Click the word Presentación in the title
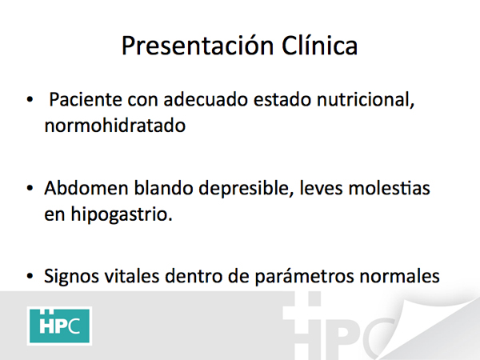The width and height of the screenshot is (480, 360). pyautogui.click(x=198, y=46)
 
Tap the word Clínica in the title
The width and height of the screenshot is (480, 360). pyautogui.click(x=319, y=46)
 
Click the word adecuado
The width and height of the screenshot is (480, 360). pyautogui.click(x=206, y=99)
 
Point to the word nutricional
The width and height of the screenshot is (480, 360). pyautogui.click(x=366, y=100)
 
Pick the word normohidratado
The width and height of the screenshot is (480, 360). pyautogui.click(x=115, y=126)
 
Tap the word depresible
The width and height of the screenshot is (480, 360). pyautogui.click(x=244, y=189)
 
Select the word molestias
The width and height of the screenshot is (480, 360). pyautogui.click(x=389, y=188)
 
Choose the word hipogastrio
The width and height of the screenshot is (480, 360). pyautogui.click(x=122, y=214)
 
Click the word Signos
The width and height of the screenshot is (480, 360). pyautogui.click(x=71, y=277)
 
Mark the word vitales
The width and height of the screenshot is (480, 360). pyautogui.click(x=132, y=276)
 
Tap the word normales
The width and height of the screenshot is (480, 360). pyautogui.click(x=400, y=276)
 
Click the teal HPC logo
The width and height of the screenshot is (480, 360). pyautogui.click(x=59, y=326)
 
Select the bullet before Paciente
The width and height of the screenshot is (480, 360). pyautogui.click(x=30, y=99)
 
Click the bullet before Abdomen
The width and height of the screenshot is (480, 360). pyautogui.click(x=30, y=188)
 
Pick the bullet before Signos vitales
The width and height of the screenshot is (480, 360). pyautogui.click(x=30, y=276)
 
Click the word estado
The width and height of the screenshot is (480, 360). pyautogui.click(x=282, y=99)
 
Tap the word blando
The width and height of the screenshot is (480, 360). pyautogui.click(x=163, y=188)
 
